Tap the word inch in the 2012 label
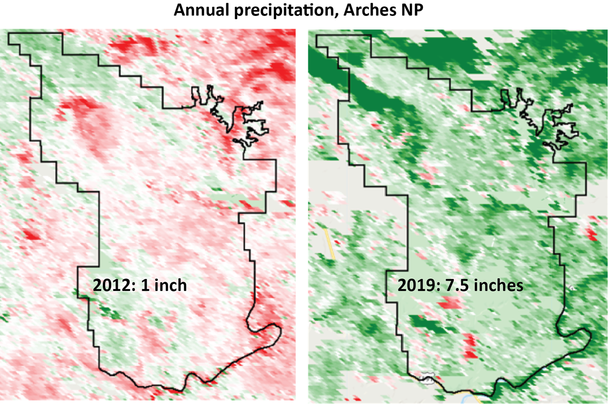[171, 285]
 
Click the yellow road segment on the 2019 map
[330, 244]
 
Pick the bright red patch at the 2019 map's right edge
[591, 233]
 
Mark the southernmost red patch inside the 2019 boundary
[469, 347]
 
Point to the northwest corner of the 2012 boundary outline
[10, 33]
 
